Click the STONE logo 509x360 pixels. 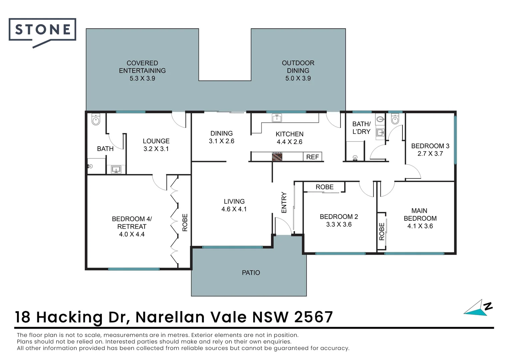pos(42,30)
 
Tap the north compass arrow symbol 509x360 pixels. pos(478,308)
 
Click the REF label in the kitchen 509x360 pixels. pos(312,157)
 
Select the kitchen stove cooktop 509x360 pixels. pos(277,157)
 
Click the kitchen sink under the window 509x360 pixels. pos(276,118)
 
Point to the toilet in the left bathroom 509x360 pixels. pos(96,120)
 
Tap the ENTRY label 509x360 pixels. pos(284,202)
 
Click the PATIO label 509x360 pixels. pos(251,273)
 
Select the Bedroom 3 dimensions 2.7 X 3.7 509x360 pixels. pos(430,154)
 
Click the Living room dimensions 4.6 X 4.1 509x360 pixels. pos(234,209)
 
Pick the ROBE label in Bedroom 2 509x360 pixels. pos(324,187)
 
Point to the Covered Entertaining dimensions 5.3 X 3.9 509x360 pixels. pos(142,78)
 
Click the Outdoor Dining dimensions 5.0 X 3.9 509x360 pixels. pos(298,78)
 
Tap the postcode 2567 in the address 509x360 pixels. pos(313,317)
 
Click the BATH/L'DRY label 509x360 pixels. pos(361,128)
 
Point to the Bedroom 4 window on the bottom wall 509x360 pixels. pos(134,269)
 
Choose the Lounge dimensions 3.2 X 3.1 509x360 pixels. pos(156,149)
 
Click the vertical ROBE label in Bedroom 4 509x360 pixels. pos(185,223)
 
